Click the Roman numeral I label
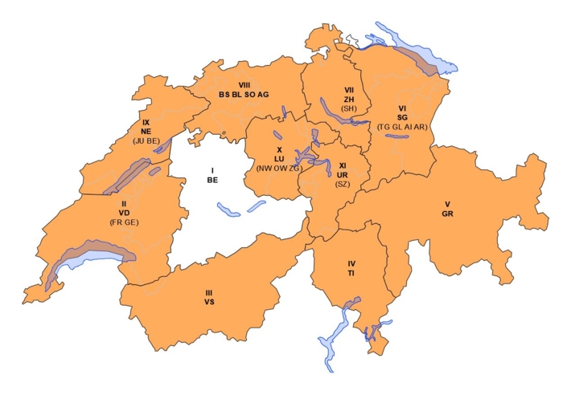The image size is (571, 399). point(212,170)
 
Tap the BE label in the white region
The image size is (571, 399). point(212,181)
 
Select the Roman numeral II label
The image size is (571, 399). point(125,205)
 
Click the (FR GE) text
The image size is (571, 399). point(125,222)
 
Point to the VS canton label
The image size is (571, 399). point(209,303)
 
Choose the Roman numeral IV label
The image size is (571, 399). point(351,263)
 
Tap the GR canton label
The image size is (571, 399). point(447,214)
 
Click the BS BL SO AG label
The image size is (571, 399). point(244,95)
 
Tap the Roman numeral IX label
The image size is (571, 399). point(146,122)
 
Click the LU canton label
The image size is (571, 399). point(279,159)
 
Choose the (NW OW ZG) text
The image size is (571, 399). point(279,169)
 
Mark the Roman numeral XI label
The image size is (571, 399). point(343,165)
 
